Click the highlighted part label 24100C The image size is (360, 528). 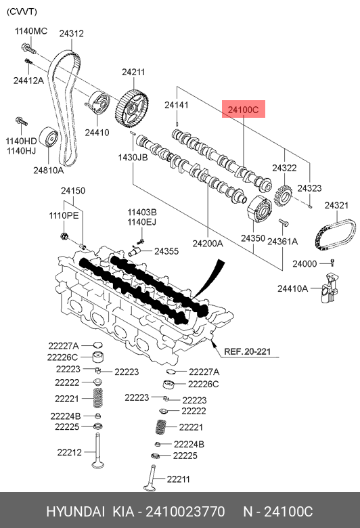pyautogui.click(x=243, y=110)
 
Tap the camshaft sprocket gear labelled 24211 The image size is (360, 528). pyautogui.click(x=133, y=109)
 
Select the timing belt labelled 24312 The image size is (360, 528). pyautogui.click(x=64, y=108)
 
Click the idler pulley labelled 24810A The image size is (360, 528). pyautogui.click(x=49, y=137)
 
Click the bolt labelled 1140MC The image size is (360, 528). pyautogui.click(x=28, y=49)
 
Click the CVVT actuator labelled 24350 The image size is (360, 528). pyautogui.click(x=259, y=209)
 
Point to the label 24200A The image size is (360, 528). pyautogui.click(x=208, y=243)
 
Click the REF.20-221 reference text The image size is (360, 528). pyautogui.click(x=248, y=351)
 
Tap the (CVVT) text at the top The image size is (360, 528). pyautogui.click(x=22, y=12)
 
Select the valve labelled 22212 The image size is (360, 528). pyautogui.click(x=97, y=451)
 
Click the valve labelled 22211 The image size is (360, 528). pyautogui.click(x=150, y=477)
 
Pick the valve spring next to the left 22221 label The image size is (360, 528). pyautogui.click(x=97, y=398)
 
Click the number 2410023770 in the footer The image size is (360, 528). pyautogui.click(x=185, y=511)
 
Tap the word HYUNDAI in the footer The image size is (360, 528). pyautogui.click(x=75, y=511)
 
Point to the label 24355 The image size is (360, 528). pyautogui.click(x=166, y=251)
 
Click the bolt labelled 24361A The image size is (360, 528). pyautogui.click(x=284, y=223)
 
